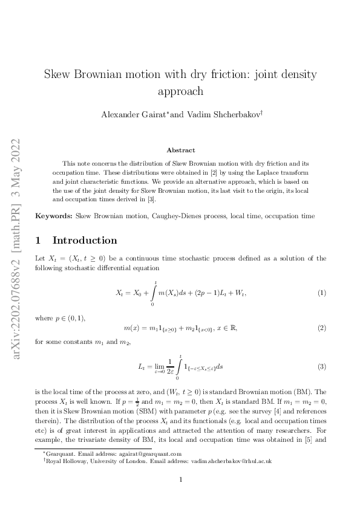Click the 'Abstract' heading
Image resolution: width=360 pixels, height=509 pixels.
[180, 150]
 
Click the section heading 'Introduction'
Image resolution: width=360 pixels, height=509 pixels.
[85, 240]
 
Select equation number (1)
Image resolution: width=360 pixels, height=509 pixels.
[322, 293]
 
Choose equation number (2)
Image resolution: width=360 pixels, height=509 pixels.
[322, 328]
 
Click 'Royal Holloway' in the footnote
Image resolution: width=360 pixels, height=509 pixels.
[64, 461]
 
